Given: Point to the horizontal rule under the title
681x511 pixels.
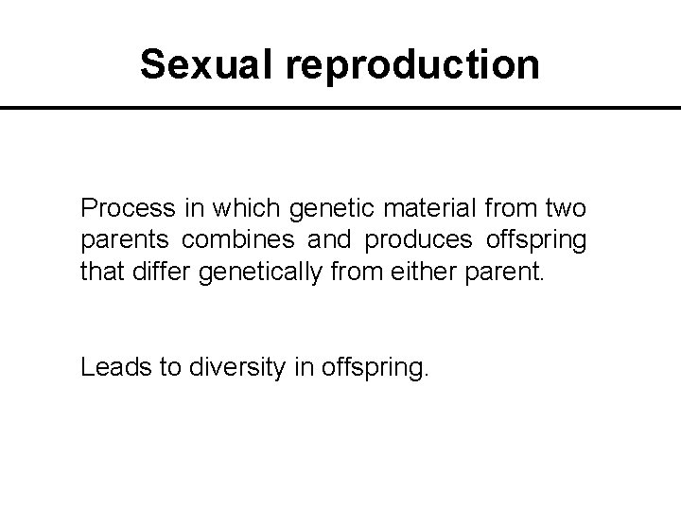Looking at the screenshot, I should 340,109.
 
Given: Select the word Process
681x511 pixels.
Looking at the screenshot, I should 125,207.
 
